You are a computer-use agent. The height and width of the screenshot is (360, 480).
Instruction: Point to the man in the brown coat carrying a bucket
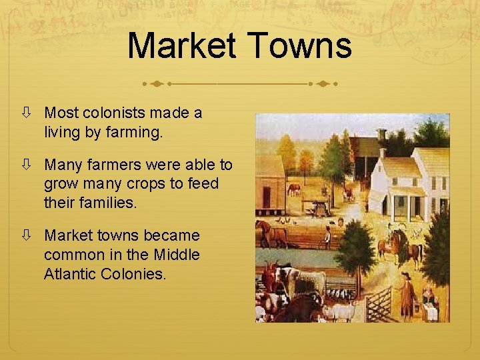tap(408, 295)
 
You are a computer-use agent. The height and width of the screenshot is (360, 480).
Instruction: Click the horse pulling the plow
tap(272, 233)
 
